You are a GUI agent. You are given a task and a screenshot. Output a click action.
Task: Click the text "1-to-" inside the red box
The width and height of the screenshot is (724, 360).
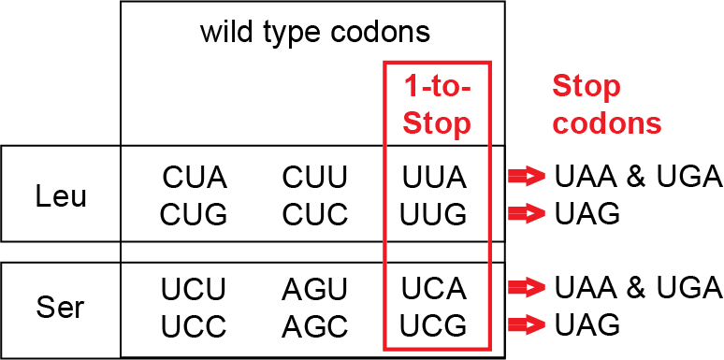point(437,88)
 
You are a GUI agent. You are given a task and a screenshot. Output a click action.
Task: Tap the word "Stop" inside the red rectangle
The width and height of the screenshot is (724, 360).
point(437,124)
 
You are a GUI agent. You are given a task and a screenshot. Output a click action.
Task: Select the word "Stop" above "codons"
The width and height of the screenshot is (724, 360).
point(586,87)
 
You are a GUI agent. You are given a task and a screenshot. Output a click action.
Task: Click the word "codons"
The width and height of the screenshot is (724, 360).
point(607,123)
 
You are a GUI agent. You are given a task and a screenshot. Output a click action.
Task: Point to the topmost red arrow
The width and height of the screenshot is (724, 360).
point(527,176)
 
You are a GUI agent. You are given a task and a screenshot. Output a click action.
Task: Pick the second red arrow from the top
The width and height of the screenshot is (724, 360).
point(527,214)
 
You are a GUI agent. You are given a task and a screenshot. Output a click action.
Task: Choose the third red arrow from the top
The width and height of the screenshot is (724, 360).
point(527,287)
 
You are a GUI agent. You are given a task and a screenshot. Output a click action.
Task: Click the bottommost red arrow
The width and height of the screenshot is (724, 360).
point(527,325)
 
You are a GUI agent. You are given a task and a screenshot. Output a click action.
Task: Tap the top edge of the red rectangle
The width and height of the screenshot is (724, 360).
point(437,63)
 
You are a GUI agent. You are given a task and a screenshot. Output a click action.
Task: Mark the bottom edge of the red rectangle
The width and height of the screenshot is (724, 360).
point(437,349)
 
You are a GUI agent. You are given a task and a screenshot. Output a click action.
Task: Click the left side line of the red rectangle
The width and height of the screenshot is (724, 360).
point(385,206)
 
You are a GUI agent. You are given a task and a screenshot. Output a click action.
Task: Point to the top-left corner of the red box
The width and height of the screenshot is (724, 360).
point(385,63)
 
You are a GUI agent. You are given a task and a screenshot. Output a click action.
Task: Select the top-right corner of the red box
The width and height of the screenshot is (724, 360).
point(489,63)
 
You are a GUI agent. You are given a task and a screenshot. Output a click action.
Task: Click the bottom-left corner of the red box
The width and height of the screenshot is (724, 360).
point(385,349)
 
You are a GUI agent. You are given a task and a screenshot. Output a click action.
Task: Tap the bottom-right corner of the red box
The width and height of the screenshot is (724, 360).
point(489,349)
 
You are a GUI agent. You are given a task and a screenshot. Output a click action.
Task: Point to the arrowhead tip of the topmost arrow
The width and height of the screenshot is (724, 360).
point(543,176)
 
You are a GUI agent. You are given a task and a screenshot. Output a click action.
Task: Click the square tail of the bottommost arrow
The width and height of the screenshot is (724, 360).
point(515,325)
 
